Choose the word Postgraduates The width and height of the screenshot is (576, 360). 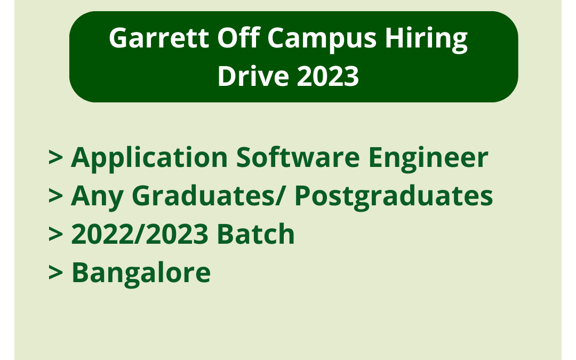(x=394, y=197)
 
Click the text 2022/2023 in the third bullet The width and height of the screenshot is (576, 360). (x=145, y=235)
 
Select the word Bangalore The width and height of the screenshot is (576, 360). (x=141, y=273)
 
